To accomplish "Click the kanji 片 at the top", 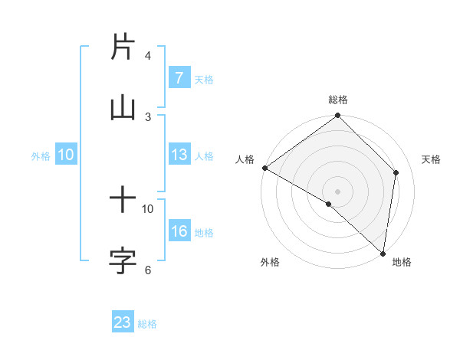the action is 123,47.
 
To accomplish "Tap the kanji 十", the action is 123,200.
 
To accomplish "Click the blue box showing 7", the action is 179,78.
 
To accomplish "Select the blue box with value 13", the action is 179,155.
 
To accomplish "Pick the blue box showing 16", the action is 179,232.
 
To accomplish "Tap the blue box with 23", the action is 123,322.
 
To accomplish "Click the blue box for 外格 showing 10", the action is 66,155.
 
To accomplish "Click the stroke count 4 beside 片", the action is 148,56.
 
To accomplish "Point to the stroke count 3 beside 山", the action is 148,116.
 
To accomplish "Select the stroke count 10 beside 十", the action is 148,208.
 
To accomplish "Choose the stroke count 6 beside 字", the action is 148,270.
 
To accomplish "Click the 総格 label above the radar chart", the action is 338,100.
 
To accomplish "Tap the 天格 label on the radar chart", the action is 431,159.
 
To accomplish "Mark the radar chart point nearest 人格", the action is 264,168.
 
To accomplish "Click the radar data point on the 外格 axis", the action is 329,204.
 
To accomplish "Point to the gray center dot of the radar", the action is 338,191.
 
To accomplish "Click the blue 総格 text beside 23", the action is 147,324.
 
